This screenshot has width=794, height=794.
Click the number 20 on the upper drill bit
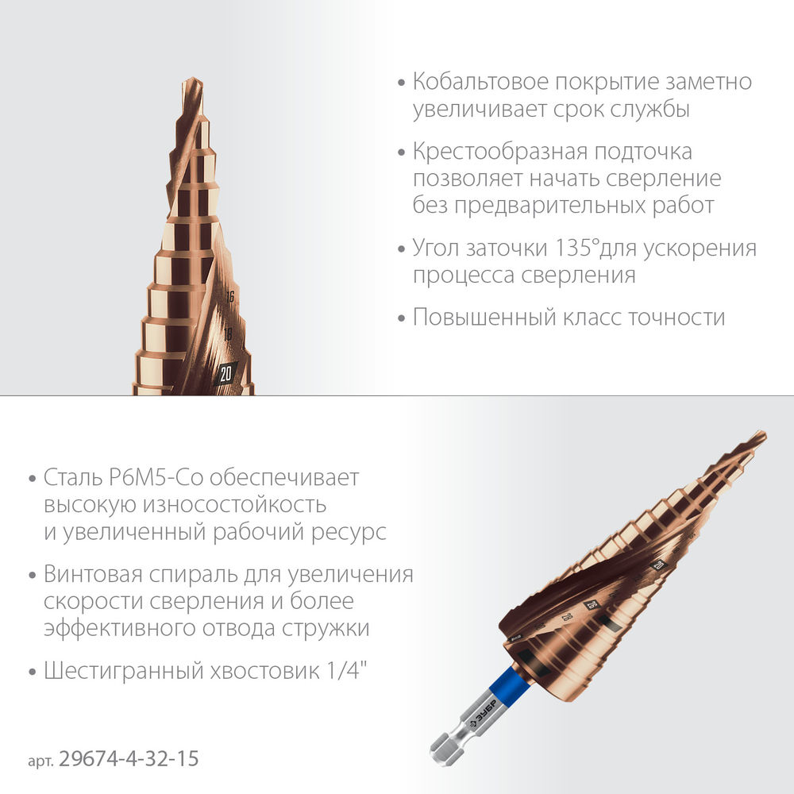coord(225,372)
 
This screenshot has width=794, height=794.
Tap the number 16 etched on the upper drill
coord(229,297)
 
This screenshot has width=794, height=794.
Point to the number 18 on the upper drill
coord(228,334)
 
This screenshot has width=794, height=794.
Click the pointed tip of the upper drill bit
coord(191,81)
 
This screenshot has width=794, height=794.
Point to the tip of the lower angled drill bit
coord(761,434)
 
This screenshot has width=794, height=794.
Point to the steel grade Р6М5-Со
coord(156,478)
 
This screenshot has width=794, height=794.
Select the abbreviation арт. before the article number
coord(40,761)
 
